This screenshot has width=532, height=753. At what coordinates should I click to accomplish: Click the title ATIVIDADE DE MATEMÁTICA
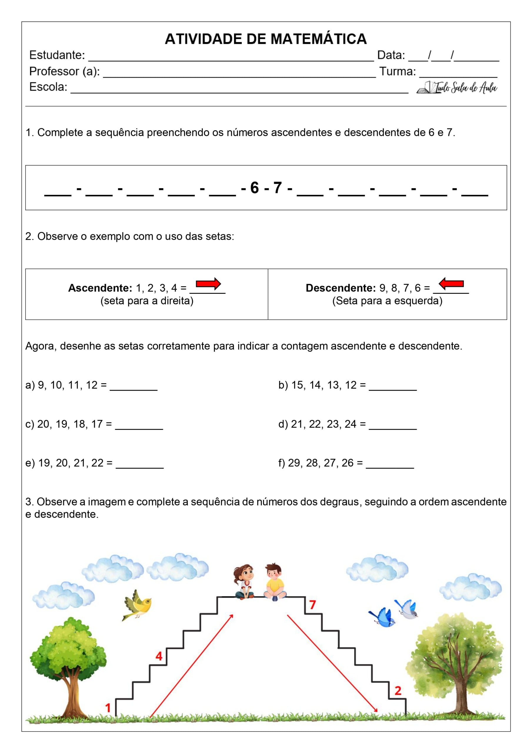point(266,39)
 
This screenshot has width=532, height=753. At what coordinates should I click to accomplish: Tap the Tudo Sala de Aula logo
point(457,88)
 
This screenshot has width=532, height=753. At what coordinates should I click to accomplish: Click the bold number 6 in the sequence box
point(254,188)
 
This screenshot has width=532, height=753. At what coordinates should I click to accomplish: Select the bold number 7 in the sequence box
point(278,188)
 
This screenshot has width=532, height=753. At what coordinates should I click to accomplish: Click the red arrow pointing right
point(208,284)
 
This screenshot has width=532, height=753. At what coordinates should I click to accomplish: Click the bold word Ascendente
point(100,288)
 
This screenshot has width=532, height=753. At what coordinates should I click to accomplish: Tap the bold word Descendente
point(341,288)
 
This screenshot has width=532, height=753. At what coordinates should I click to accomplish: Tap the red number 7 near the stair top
point(313,604)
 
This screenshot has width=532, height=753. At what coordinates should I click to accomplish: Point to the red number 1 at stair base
point(108,708)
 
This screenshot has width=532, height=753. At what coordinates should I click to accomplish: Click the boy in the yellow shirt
point(275,582)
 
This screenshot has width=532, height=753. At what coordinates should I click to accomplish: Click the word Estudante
point(57,55)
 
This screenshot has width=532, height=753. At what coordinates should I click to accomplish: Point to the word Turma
point(398,71)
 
